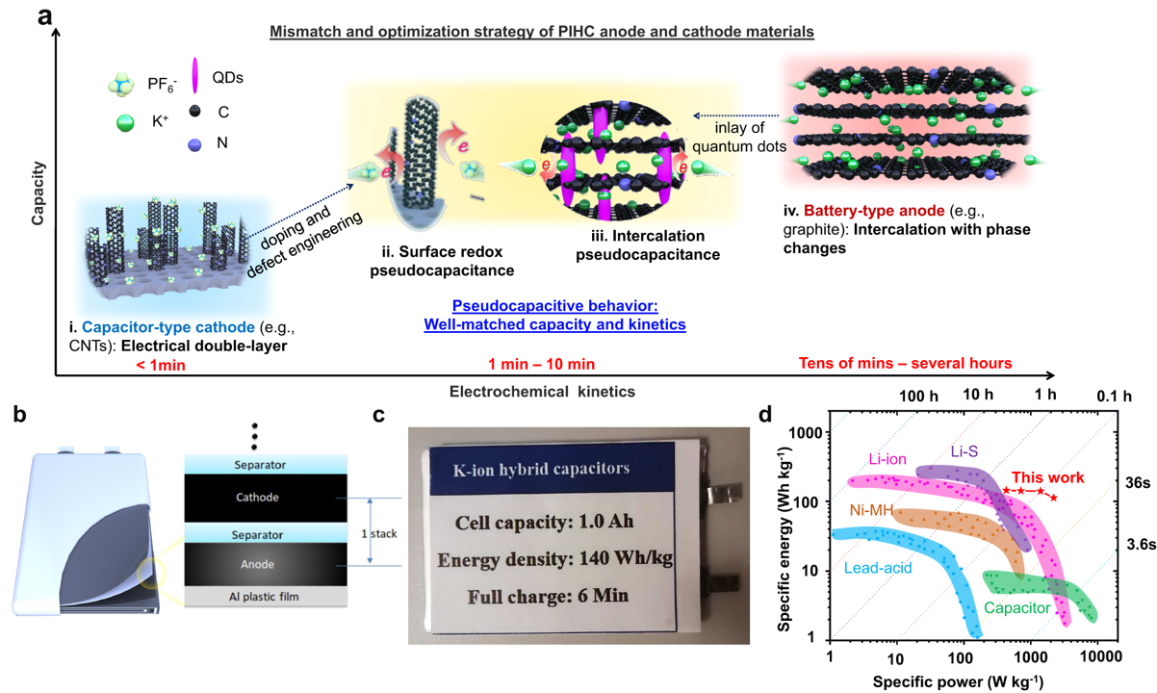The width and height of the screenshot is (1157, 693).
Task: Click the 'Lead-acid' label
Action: point(879,569)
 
